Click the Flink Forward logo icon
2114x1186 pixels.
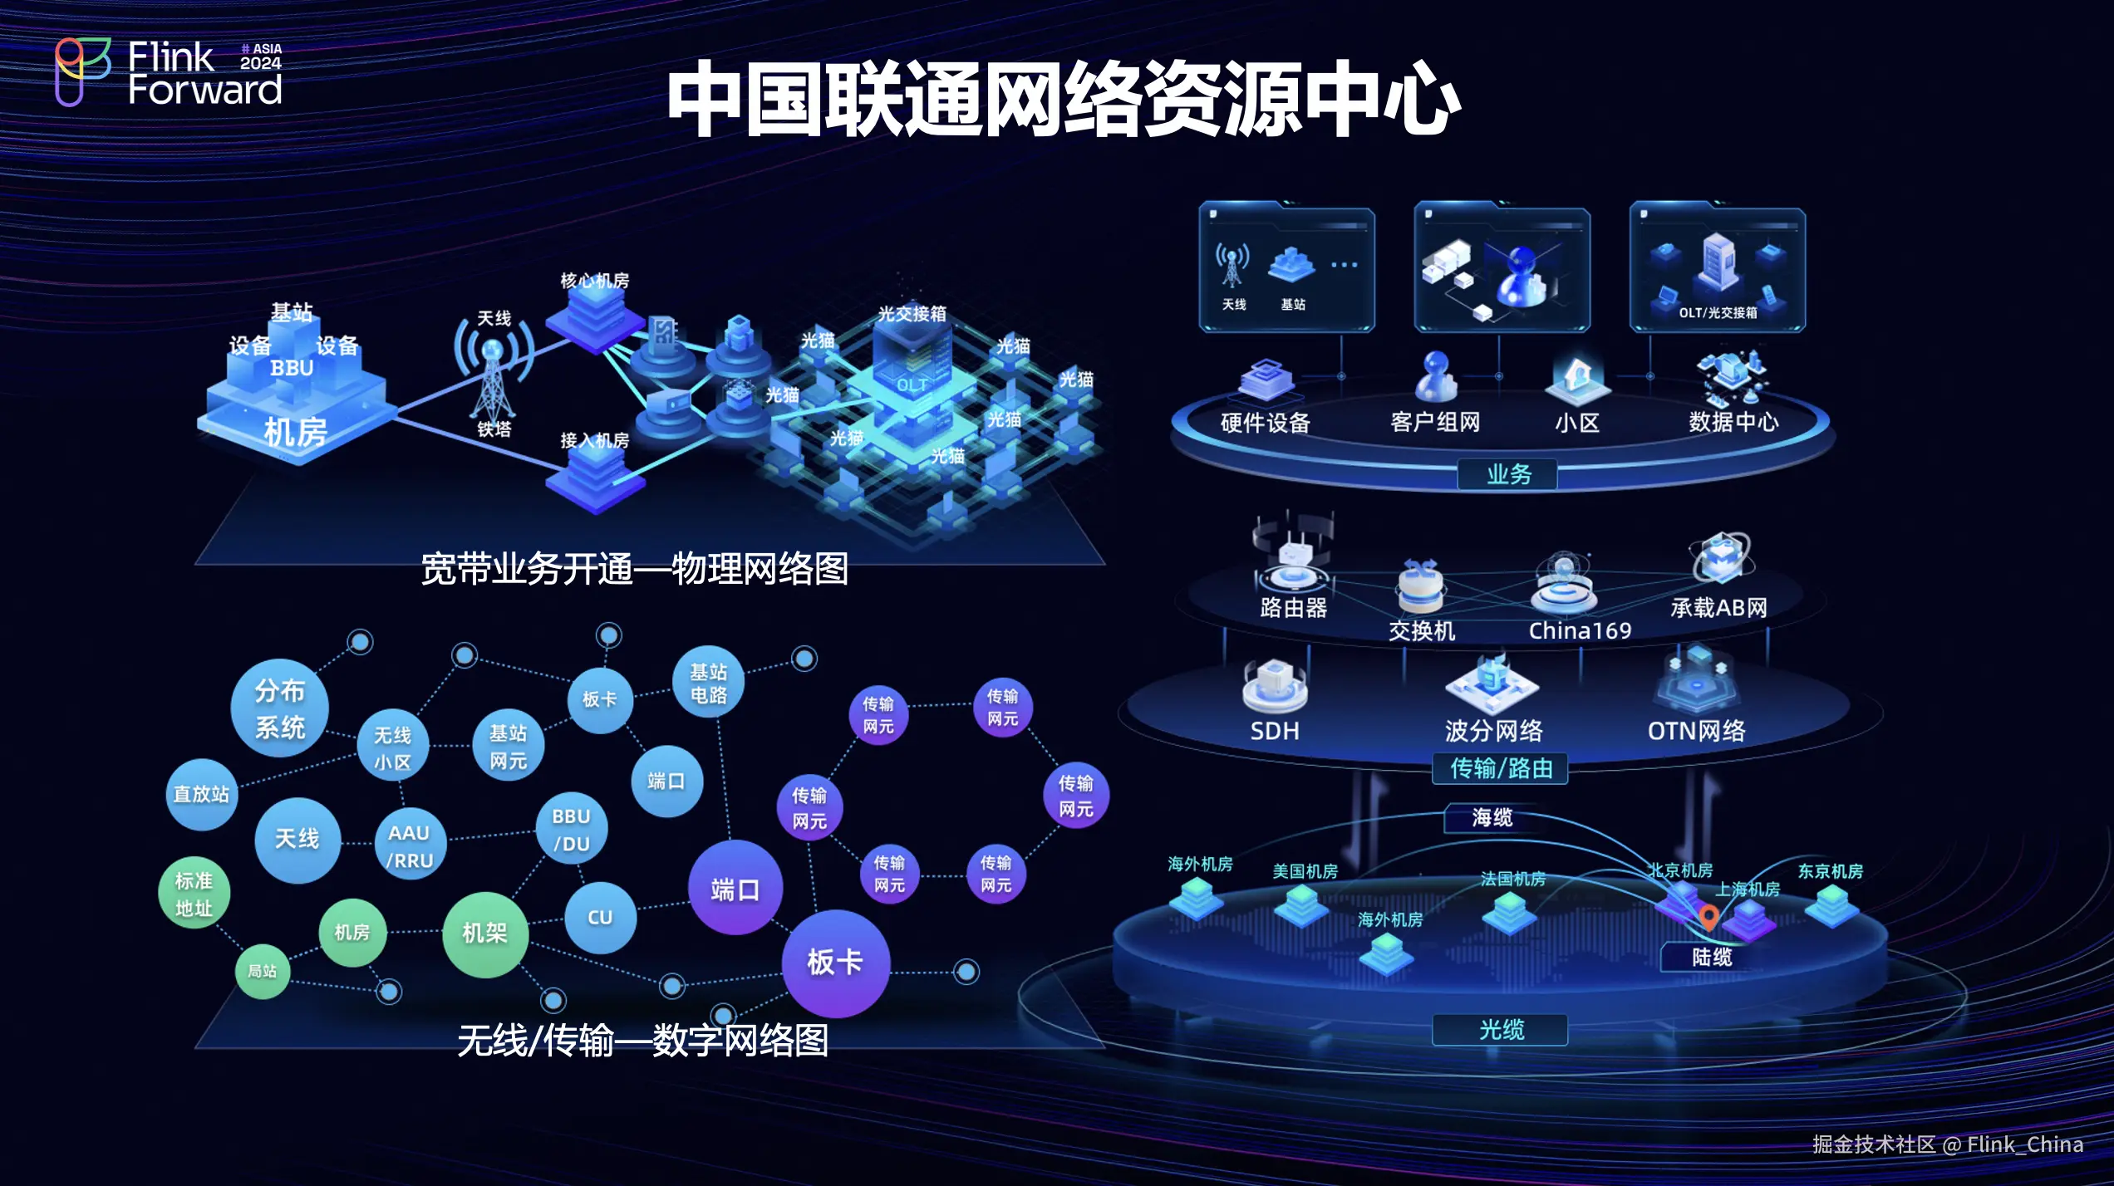[x=81, y=71]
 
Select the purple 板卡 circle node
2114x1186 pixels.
[x=835, y=963]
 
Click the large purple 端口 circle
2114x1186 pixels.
[x=735, y=889]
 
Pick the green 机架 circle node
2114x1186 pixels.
[x=484, y=933]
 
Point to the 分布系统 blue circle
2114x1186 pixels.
[x=279, y=708]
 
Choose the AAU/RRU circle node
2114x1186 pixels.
[x=409, y=845]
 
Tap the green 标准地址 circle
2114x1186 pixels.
[x=194, y=894]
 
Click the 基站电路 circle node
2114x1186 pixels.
[x=708, y=683]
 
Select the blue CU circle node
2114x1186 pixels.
[x=600, y=917]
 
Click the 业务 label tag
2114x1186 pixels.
[x=1507, y=474]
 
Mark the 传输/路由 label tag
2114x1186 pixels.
[x=1501, y=768]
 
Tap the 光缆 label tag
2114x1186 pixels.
[x=1501, y=1030]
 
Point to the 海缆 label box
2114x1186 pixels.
[x=1492, y=817]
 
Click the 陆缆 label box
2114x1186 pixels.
[x=1712, y=957]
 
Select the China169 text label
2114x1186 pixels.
[x=1580, y=630]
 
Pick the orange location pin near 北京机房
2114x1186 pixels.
[x=1708, y=917]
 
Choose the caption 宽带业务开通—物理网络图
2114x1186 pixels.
[x=634, y=569]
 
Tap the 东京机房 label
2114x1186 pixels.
[x=1830, y=870]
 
